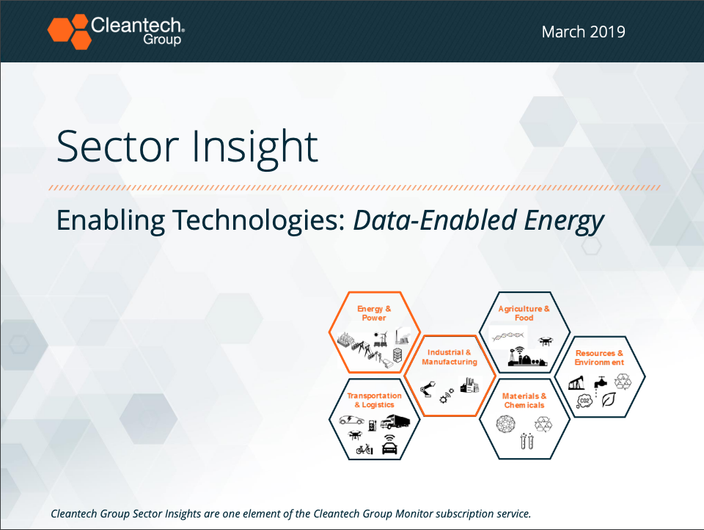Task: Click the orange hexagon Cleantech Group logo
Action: coord(70,32)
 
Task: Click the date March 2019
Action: coord(583,32)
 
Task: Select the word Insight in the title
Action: coord(255,147)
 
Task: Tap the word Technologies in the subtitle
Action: coord(259,221)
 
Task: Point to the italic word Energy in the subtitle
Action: coord(564,221)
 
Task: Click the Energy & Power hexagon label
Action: coord(374,313)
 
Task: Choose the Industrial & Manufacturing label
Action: coord(450,357)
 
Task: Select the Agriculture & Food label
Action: coord(524,313)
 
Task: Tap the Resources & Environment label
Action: coord(599,357)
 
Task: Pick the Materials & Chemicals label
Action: coord(524,401)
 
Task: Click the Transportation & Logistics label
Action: coord(375,400)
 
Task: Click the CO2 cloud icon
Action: coord(584,401)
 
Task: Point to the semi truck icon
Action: coord(395,421)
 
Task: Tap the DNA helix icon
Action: coord(507,335)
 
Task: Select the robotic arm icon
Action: coord(428,388)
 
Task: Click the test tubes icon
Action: coord(527,441)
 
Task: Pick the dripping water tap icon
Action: coord(601,385)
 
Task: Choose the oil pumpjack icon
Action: coord(576,383)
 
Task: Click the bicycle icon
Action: coord(364,449)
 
